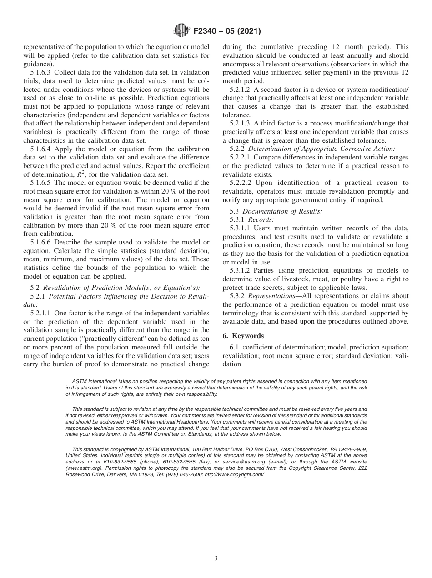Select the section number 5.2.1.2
click(236, 90)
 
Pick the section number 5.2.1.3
click(236, 123)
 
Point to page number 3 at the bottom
click(216, 558)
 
